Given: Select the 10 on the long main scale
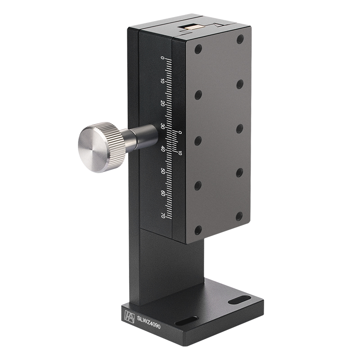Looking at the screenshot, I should (x=162, y=81).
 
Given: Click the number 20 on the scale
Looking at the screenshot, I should (x=162, y=103).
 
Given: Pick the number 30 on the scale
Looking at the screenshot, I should (x=162, y=126).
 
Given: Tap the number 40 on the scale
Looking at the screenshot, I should (x=162, y=148).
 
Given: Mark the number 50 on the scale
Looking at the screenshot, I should (x=162, y=171).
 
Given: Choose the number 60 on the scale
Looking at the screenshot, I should (x=162, y=193).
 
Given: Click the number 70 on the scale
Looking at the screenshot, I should (x=162, y=215).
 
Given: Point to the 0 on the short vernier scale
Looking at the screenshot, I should (x=180, y=133).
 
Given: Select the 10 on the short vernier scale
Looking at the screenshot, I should (x=180, y=153).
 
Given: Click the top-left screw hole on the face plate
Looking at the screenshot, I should (x=198, y=49).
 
